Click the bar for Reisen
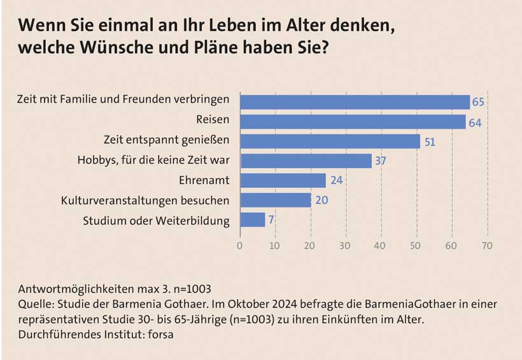tap(353, 122)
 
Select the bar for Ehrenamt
tap(283, 180)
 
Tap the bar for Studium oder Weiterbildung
tap(252, 220)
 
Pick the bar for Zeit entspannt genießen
tap(330, 141)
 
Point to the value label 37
tap(381, 161)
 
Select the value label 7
tap(271, 220)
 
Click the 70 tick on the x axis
tap(488, 245)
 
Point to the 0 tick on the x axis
tap(240, 245)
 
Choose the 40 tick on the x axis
tap(381, 245)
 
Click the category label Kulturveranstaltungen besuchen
tap(145, 200)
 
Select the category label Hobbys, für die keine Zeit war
tap(158, 161)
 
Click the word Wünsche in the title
tap(108, 48)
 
